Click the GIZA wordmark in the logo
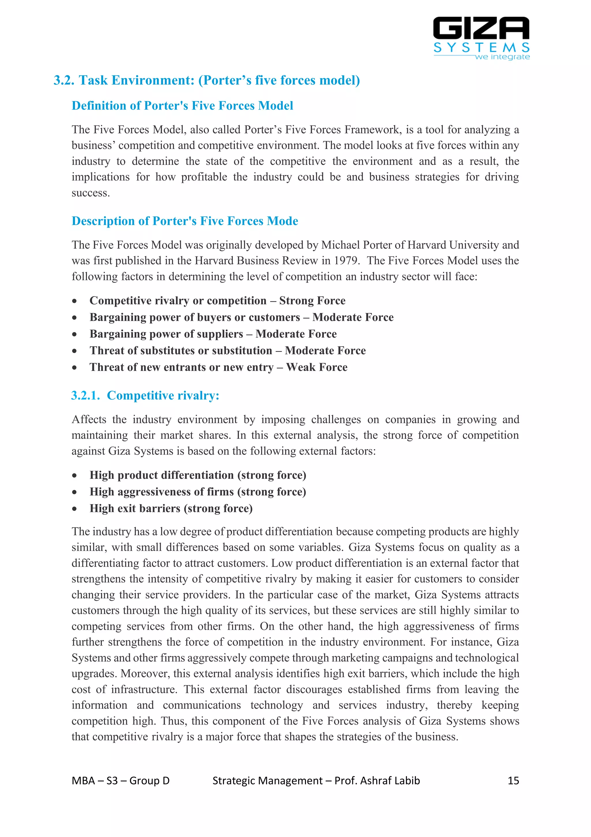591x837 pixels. pos(481,28)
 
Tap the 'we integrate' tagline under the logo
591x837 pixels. pos(502,57)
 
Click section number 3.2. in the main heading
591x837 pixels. pos(64,80)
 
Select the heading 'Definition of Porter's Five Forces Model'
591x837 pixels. pos(182,106)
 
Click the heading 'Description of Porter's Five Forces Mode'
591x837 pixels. pos(185,221)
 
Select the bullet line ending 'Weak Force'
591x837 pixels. pos(218,367)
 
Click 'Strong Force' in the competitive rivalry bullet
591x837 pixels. pos(312,300)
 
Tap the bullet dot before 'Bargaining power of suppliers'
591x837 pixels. pos(74,334)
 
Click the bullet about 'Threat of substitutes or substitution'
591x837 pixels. pos(228,350)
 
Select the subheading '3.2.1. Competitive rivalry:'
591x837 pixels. pos(145,395)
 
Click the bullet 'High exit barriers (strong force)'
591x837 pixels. pos(171,508)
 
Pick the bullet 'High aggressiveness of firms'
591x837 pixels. pos(198,492)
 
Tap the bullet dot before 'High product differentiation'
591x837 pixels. pos(74,475)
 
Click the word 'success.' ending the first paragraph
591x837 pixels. pos(91,193)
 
